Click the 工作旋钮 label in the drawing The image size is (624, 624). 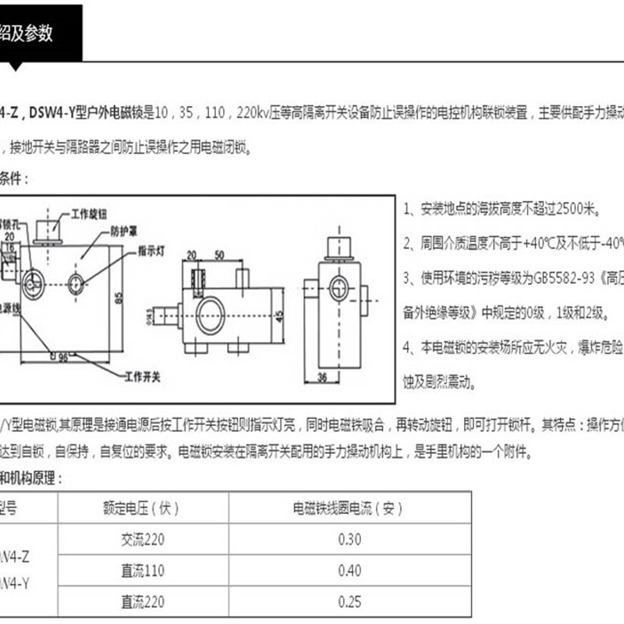88,212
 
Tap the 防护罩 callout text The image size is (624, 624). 125,231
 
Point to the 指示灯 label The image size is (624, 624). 154,250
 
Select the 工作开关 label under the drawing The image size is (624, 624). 143,377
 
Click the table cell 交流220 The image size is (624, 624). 142,539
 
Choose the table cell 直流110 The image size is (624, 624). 142,571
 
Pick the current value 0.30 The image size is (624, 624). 349,539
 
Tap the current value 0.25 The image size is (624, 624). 349,601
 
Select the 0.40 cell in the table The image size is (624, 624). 349,571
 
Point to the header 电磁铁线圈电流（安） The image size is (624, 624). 348,509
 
